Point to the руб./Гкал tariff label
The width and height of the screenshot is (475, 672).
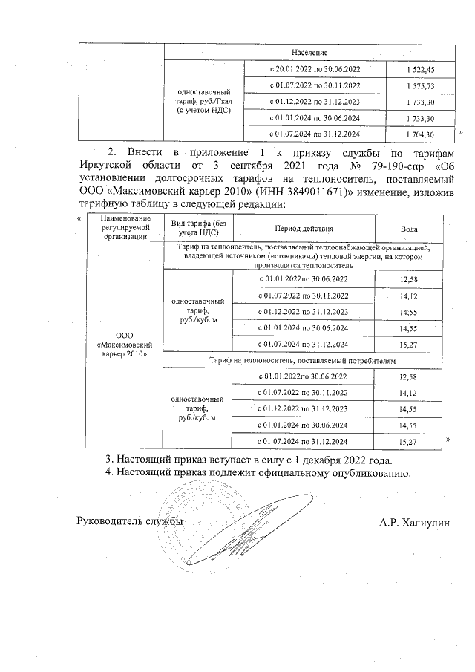203,101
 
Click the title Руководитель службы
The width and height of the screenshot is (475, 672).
130,523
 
